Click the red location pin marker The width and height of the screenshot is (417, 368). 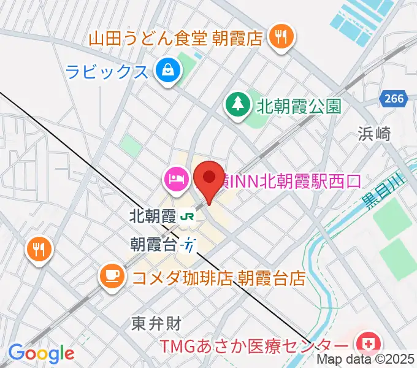[208, 178]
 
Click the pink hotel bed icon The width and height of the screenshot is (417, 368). [175, 180]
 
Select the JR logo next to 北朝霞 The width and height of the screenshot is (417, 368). [188, 216]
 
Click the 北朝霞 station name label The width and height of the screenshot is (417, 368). [153, 216]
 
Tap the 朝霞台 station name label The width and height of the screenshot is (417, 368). [153, 243]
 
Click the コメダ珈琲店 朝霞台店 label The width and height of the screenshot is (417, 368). [218, 278]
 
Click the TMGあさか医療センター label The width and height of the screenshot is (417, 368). [256, 345]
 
